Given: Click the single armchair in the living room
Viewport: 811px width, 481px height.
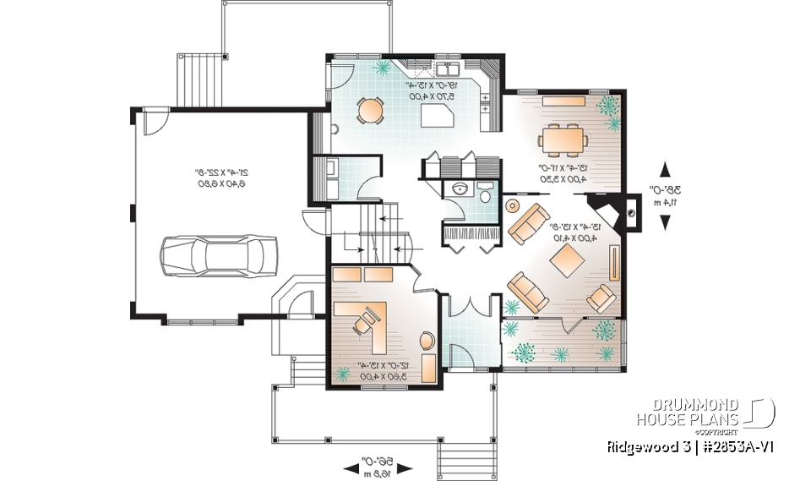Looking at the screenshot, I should [601, 298].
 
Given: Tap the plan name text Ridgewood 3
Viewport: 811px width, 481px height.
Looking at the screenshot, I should [637, 445].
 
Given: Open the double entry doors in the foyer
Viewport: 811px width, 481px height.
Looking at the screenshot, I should [471, 306].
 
